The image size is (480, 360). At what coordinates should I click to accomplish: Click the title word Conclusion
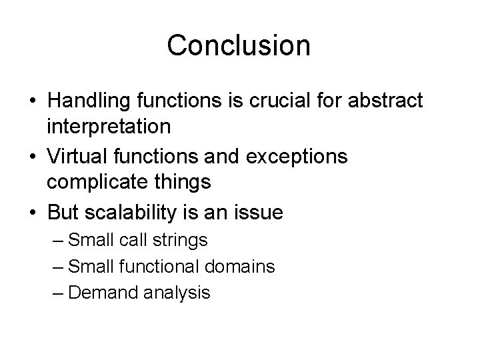[x=239, y=45]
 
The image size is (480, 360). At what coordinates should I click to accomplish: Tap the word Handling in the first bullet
[x=90, y=101]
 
